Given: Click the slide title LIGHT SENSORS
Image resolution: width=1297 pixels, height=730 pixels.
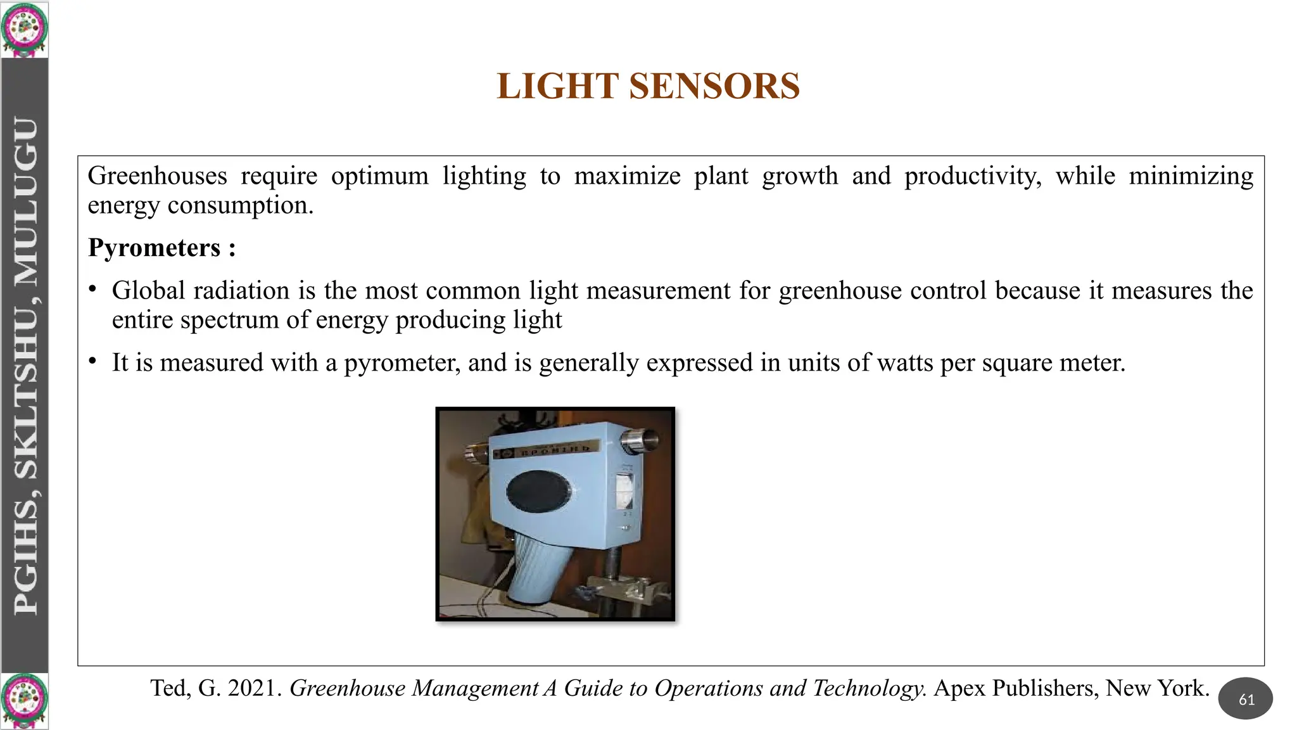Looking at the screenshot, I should pyautogui.click(x=648, y=86).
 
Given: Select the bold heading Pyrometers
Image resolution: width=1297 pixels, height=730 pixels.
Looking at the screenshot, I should pyautogui.click(x=154, y=248).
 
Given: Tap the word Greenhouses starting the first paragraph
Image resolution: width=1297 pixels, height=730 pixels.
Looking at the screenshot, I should pyautogui.click(x=157, y=176).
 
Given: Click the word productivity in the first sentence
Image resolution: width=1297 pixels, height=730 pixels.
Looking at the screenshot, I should pyautogui.click(x=972, y=176).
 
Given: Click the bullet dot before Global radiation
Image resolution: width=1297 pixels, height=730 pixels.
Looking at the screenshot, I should pyautogui.click(x=92, y=290).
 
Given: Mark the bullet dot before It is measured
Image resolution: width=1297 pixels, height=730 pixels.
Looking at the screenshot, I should pyautogui.click(x=92, y=361).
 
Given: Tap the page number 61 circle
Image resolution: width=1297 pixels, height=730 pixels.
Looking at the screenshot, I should pyautogui.click(x=1246, y=699).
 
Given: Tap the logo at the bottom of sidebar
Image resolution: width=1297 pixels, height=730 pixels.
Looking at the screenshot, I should pyautogui.click(x=24, y=701).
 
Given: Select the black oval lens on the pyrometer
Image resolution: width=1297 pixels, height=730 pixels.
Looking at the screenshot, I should pyautogui.click(x=538, y=491).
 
